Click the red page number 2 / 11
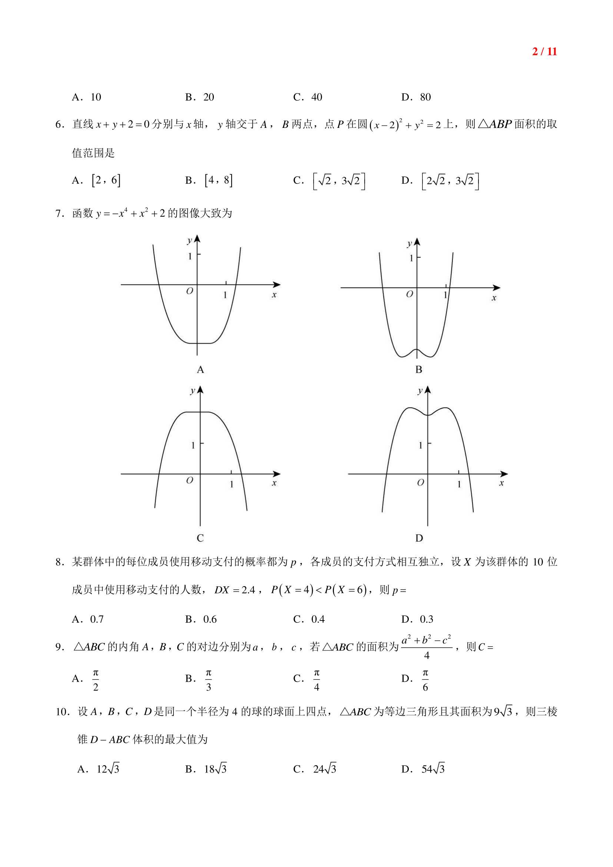point(544,52)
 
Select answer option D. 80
point(416,97)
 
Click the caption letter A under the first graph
point(200,369)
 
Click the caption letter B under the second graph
point(418,369)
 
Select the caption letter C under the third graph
point(200,538)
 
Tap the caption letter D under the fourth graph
point(419,538)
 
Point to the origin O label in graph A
point(189,291)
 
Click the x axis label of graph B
point(494,298)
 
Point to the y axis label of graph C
point(192,390)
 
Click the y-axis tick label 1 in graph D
point(421,446)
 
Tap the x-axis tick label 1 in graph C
point(231,484)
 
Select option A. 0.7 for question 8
point(88,619)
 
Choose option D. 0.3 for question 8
point(417,619)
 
